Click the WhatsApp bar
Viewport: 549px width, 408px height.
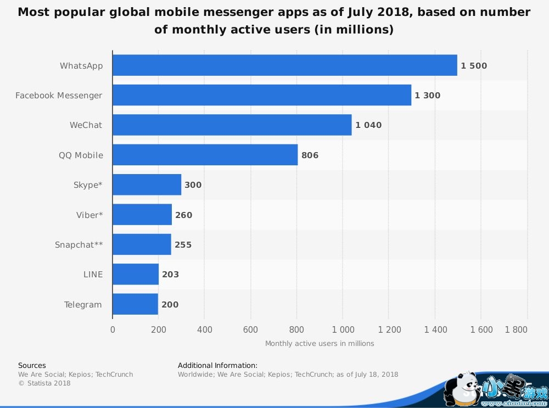point(284,65)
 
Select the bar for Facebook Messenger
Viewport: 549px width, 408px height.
point(261,95)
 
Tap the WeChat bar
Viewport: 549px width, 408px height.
point(232,125)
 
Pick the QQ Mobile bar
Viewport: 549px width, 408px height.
point(205,155)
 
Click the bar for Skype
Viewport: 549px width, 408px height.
point(147,185)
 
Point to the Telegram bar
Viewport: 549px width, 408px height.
point(135,304)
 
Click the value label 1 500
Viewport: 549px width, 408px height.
point(474,66)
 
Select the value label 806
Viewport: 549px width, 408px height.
point(310,155)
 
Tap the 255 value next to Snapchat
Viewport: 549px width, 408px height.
point(183,245)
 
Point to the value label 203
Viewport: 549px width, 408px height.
point(170,275)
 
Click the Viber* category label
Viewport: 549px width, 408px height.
point(89,215)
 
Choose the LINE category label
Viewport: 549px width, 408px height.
point(93,275)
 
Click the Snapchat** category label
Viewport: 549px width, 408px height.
point(79,245)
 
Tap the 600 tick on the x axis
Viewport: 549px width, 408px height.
point(250,330)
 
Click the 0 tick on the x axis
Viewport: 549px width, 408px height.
point(113,330)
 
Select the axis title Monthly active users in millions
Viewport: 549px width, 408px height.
point(320,344)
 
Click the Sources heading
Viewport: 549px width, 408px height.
point(32,365)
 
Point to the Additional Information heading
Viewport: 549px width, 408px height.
point(217,365)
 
